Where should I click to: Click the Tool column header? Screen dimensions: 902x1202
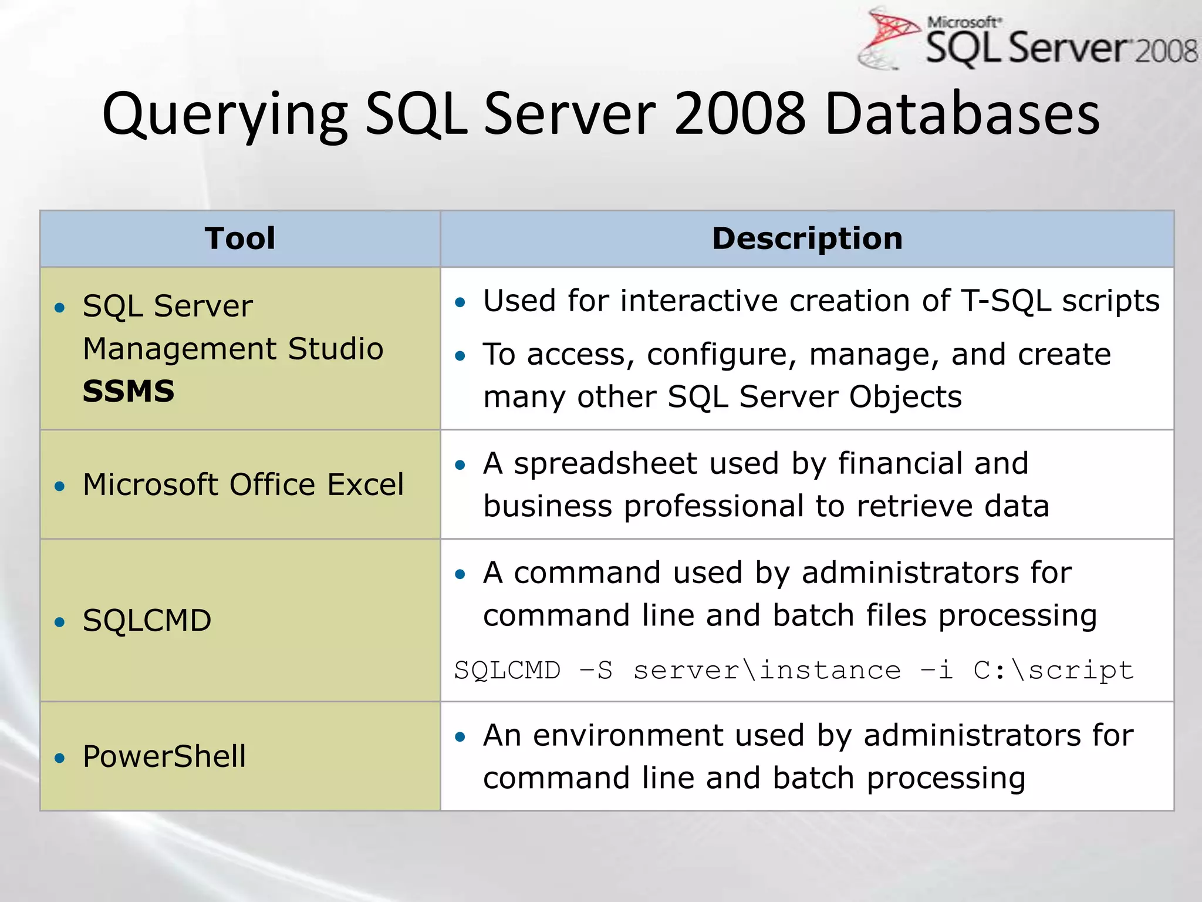tap(240, 238)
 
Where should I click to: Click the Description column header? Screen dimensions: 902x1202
tap(807, 238)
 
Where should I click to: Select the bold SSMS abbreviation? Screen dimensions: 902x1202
tap(129, 391)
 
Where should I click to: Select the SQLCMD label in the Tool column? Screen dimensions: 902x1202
tap(147, 620)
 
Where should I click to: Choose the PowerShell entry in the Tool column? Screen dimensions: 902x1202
tap(164, 756)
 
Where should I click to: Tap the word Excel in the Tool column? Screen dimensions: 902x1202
tap(365, 484)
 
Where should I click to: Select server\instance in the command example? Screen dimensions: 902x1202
tap(767, 670)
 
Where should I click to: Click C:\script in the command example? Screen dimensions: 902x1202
tap(1053, 670)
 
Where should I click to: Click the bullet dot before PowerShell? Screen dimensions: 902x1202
tap(59, 758)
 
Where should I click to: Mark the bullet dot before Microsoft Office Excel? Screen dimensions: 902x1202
tap(59, 486)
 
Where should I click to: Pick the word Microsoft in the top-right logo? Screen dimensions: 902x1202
tap(963, 22)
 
